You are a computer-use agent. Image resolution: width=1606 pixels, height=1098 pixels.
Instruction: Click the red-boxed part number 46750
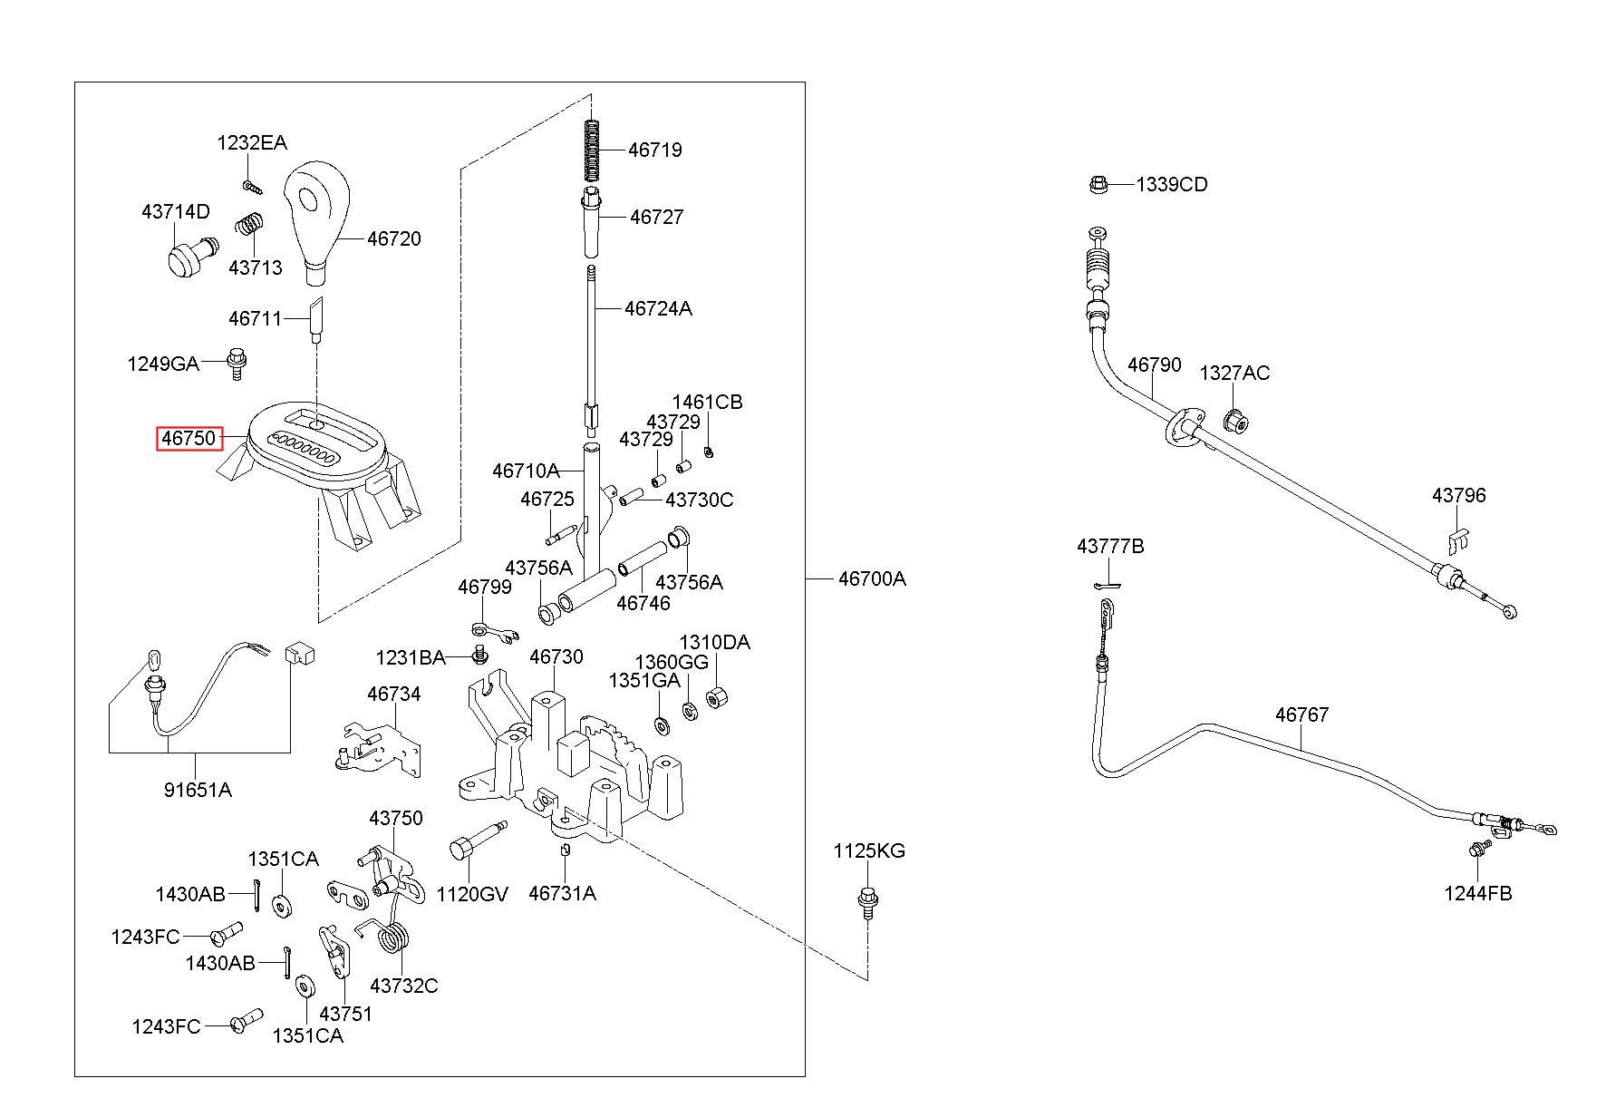(189, 439)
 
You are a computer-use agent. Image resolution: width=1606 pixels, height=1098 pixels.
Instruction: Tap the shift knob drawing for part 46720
(316, 217)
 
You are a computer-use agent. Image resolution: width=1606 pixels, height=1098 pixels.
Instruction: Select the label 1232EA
(252, 142)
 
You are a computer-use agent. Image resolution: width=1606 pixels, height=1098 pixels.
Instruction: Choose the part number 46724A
(658, 308)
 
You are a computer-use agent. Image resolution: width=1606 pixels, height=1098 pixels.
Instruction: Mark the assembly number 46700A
(872, 578)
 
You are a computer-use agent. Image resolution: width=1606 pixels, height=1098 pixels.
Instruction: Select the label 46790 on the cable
(1155, 364)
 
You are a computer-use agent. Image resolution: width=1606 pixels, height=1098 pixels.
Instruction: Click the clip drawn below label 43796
(1457, 540)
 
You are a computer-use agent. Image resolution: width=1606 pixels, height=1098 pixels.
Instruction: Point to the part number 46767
(1302, 714)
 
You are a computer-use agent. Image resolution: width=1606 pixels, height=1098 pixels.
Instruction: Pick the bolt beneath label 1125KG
(866, 902)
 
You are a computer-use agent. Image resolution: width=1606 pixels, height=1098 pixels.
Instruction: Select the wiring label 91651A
(198, 790)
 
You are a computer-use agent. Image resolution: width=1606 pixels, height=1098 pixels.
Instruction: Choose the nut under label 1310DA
(717, 698)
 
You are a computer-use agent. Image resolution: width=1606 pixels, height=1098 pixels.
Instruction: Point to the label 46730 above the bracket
(556, 656)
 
